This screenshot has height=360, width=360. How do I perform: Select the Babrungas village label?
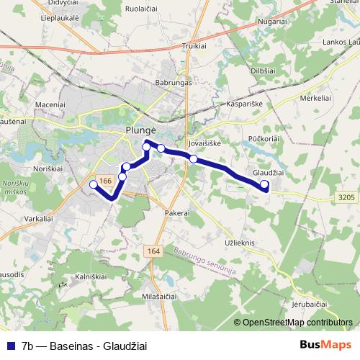click(x=174, y=83)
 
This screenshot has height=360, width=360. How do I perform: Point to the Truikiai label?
click(x=194, y=45)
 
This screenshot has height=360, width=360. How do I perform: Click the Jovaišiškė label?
click(x=203, y=143)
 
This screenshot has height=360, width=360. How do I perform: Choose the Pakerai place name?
click(x=176, y=214)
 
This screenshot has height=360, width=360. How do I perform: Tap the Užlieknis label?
click(x=240, y=243)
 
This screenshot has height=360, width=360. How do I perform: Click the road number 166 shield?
click(x=104, y=181)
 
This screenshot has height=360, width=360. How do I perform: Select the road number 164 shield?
click(x=153, y=251)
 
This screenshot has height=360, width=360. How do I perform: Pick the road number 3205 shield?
click(x=346, y=196)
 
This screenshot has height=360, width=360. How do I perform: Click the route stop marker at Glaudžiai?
click(x=265, y=185)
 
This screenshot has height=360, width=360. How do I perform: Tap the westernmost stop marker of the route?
click(x=93, y=185)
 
